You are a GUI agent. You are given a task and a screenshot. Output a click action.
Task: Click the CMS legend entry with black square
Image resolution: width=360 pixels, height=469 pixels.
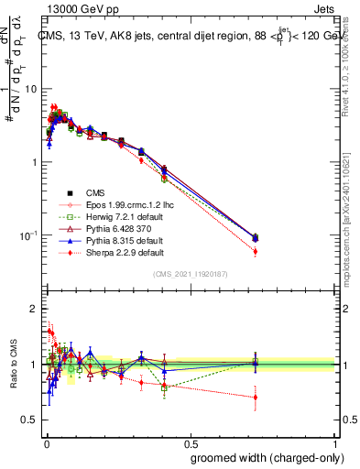(x=95, y=192)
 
